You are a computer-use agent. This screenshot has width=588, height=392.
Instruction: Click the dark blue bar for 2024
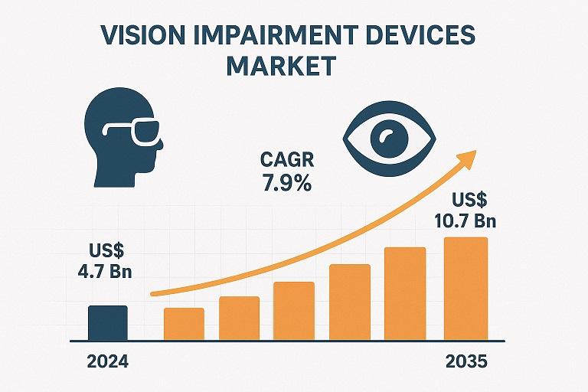108,322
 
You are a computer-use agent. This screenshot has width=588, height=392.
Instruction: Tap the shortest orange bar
184,323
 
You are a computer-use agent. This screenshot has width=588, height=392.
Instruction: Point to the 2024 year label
108,361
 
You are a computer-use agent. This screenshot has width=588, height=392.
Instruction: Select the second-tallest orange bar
404,294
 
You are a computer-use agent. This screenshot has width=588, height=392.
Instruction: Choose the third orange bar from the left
293,311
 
